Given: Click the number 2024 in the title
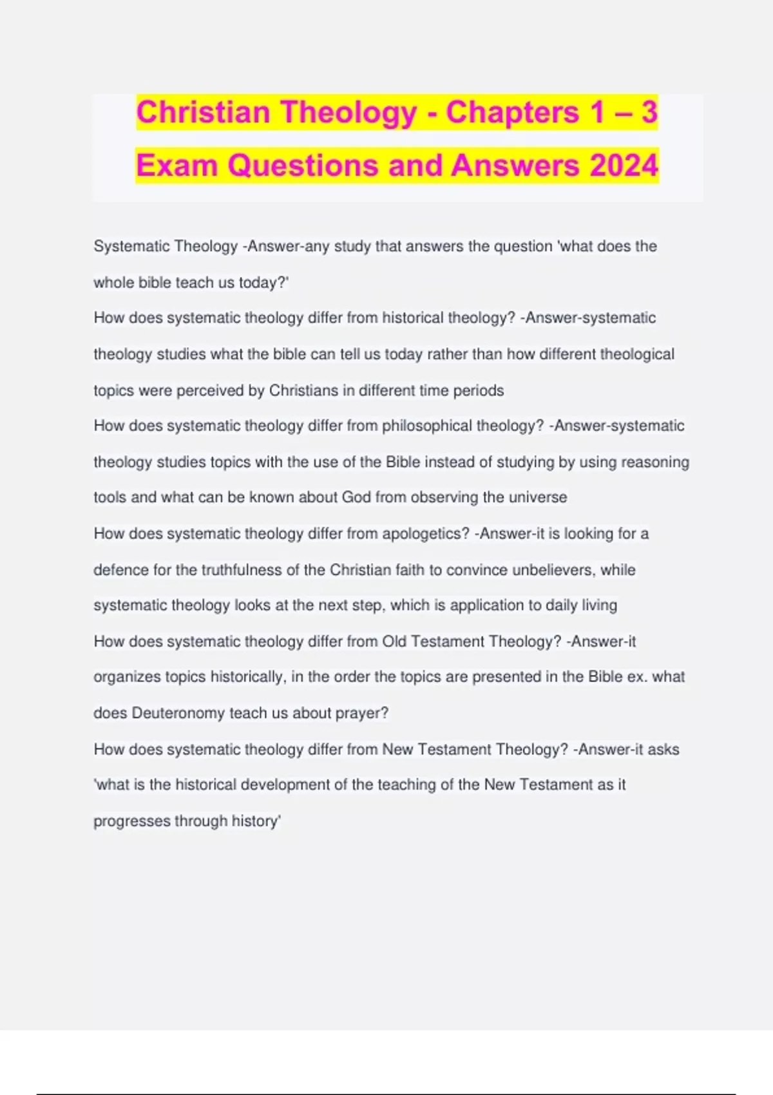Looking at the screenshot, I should point(624,166).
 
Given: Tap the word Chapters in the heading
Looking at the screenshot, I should point(512,112).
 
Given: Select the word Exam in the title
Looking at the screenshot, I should point(177,166).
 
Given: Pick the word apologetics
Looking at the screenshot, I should point(425,533).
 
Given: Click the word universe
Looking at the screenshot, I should point(537,497).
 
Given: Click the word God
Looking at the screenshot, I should point(356,497).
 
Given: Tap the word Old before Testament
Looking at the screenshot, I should point(394,642).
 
